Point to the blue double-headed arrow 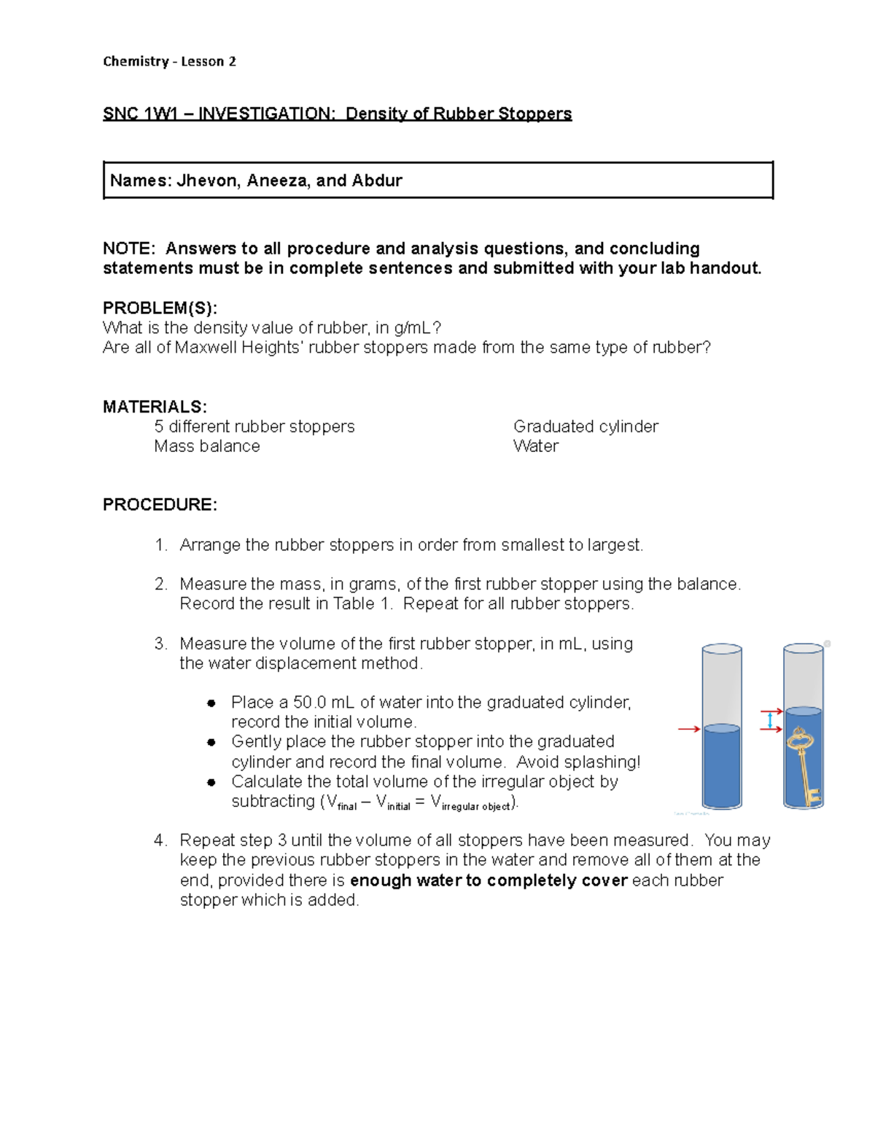click(770, 720)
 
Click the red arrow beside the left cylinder click(688, 729)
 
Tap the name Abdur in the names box click(377, 181)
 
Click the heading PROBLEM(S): click(160, 308)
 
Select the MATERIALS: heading click(155, 407)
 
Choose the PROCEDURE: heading click(160, 505)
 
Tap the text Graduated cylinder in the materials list click(586, 426)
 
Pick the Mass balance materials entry click(207, 446)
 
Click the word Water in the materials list click(536, 446)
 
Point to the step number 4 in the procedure click(160, 840)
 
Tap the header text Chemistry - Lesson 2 click(169, 61)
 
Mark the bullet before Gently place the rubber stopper click(211, 742)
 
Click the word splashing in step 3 click(599, 762)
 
